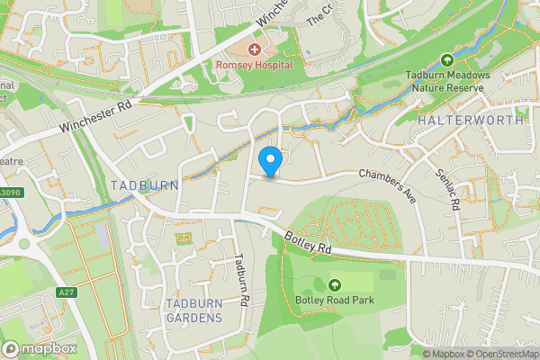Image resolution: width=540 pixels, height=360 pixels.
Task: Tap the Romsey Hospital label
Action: [x=255, y=66]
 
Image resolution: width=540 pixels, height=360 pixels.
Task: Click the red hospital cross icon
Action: [x=255, y=49]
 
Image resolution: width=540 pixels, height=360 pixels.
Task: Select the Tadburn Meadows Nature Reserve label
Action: [x=447, y=82]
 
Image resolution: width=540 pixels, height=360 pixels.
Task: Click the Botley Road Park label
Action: [x=334, y=301]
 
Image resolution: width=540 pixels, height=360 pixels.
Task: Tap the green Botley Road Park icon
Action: [x=335, y=284]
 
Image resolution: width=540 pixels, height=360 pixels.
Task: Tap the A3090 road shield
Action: [x=8, y=191]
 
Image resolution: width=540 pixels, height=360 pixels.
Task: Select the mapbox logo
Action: [x=40, y=348]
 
